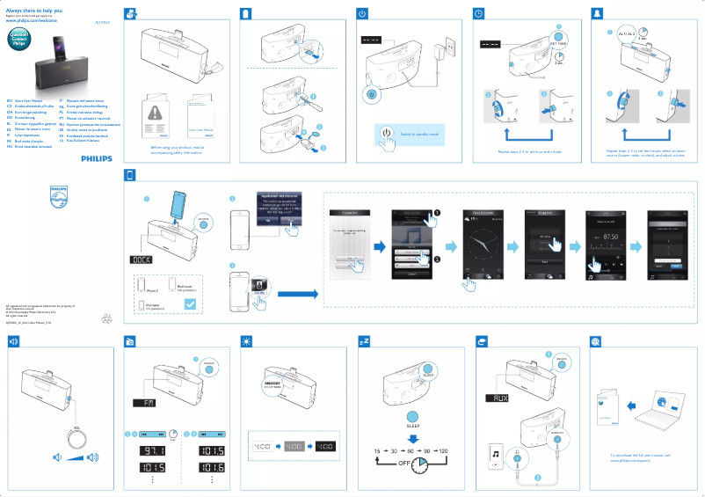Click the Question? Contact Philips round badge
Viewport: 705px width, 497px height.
[18, 38]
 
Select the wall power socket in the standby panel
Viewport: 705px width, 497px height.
[451, 45]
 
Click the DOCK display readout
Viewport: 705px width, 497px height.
[142, 260]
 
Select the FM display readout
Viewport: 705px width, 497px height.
[144, 402]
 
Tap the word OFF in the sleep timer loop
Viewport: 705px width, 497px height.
[406, 463]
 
